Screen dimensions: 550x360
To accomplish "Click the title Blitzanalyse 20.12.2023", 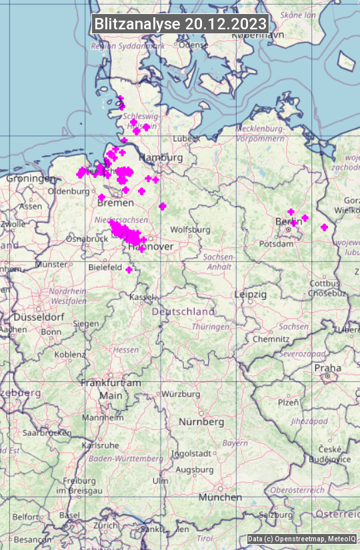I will tap(180, 24).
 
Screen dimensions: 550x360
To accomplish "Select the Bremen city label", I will tap(111, 202).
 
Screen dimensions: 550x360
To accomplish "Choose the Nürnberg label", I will tap(201, 422).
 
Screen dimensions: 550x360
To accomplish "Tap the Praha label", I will tap(327, 368).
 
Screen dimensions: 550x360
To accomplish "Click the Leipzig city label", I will tap(251, 294).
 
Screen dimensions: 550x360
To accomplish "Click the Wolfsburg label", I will tap(190, 229).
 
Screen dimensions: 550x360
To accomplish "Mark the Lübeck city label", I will tap(186, 139).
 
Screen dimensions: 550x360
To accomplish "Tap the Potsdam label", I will tap(276, 244).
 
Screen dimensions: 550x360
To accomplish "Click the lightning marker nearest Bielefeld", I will tap(129, 269).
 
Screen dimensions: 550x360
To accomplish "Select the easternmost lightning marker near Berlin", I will tap(324, 227).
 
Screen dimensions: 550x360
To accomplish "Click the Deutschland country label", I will tap(183, 311).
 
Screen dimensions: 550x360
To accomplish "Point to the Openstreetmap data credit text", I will tap(301, 539).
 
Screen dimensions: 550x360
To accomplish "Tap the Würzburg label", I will tap(181, 394).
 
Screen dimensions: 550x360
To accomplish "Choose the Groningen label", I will tap(31, 179).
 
